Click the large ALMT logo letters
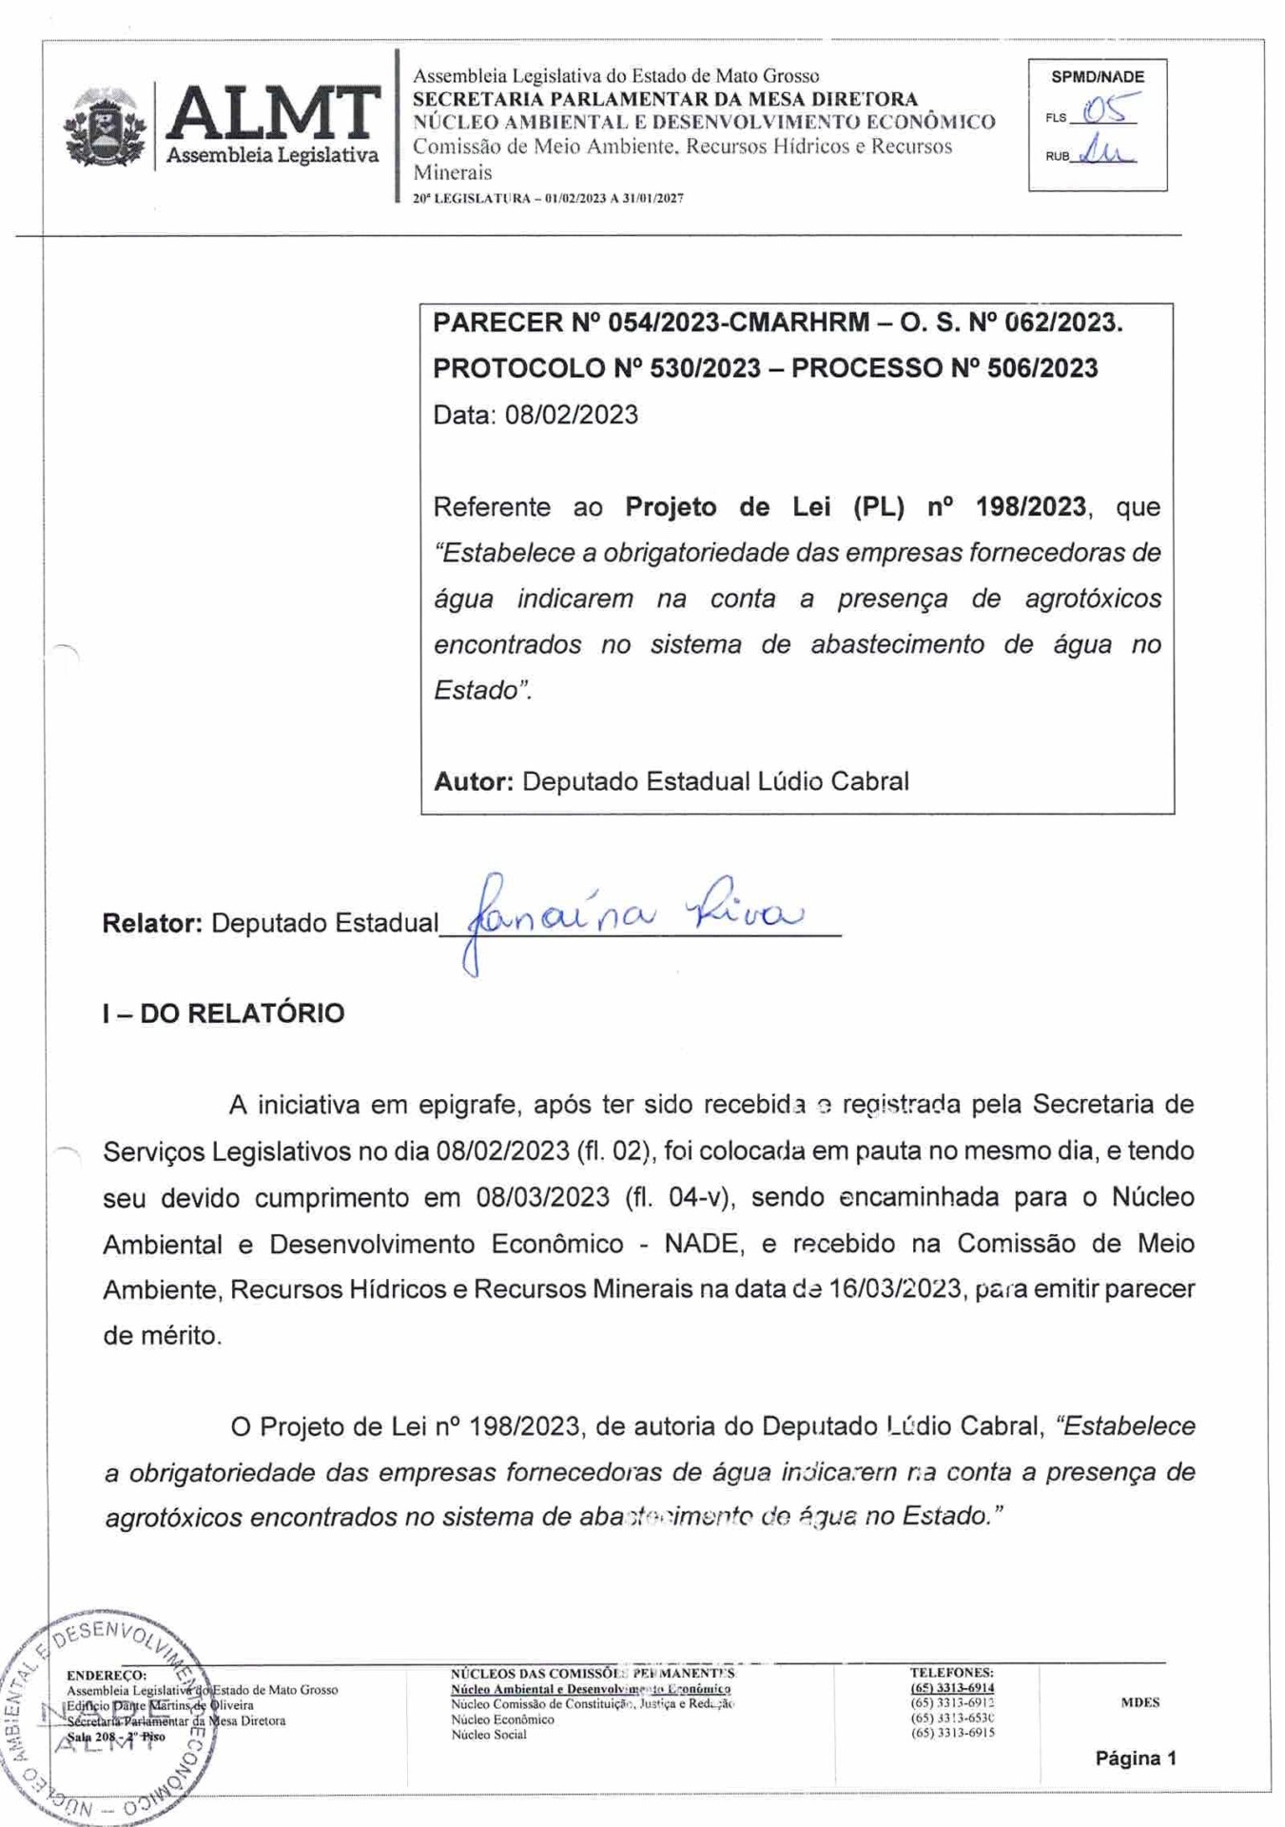click(273, 113)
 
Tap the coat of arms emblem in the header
click(105, 129)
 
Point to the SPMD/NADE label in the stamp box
click(1098, 77)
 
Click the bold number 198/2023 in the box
click(1030, 506)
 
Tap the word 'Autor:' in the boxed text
click(473, 781)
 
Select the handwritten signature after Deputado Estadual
click(633, 915)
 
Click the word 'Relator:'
click(152, 923)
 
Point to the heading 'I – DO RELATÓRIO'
click(224, 1013)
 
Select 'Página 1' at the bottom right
click(1136, 1758)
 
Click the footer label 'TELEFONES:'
click(951, 1672)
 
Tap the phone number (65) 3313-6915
click(952, 1733)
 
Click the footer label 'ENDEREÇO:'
click(107, 1675)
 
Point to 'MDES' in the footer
click(1139, 1702)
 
